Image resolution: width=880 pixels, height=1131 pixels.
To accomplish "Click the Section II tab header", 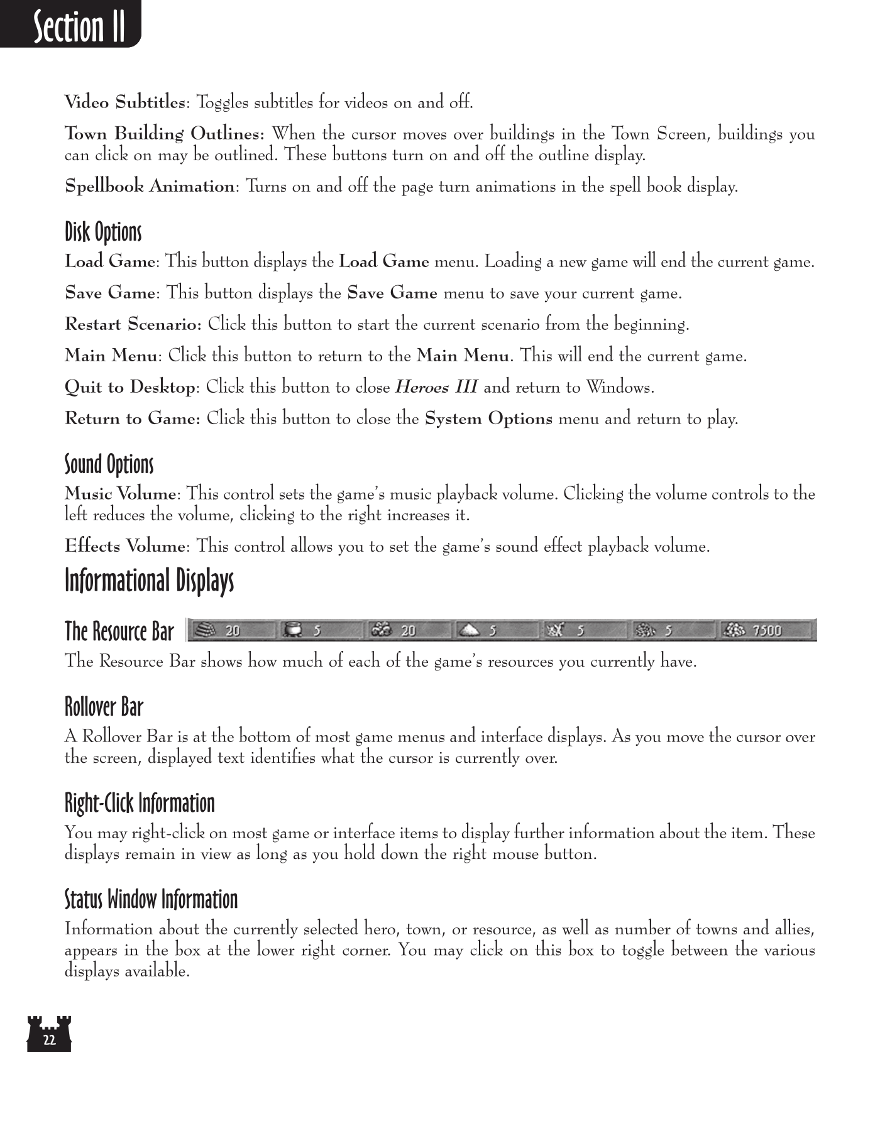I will pos(79,27).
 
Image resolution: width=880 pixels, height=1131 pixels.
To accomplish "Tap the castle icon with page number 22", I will pos(49,1034).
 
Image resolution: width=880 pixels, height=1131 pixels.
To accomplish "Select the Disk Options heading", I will pos(103,232).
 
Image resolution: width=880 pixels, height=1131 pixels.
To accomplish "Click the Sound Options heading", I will pos(109,464).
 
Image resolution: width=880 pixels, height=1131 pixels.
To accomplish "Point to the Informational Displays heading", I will pos(149,581).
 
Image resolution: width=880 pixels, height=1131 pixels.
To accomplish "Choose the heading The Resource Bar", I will pos(119,631).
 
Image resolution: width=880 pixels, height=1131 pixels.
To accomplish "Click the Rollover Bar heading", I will pos(104,707).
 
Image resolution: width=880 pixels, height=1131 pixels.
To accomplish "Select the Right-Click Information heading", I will pos(140,803).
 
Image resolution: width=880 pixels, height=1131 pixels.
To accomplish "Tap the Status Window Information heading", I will pos(151,899).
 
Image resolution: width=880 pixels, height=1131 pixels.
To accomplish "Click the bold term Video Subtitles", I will pos(125,102).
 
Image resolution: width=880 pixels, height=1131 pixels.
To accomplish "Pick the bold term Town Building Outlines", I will pos(164,134).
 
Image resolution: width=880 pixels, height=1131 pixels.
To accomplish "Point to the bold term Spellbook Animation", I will pos(150,187).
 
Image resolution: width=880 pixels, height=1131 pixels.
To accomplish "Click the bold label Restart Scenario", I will pos(133,325).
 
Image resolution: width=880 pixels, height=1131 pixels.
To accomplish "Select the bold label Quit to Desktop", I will pos(130,388).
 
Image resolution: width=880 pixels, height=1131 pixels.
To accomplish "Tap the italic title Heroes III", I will pos(436,388).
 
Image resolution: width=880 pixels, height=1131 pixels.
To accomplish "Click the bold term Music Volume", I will pos(120,494).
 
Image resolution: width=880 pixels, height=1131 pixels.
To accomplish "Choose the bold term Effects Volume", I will pos(125,547).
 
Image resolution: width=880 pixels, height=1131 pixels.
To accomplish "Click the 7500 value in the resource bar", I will pos(767,630).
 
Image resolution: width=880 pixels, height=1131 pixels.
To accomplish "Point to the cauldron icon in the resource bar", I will pos(292,630).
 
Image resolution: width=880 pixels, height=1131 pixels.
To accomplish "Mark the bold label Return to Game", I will pos(132,419).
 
